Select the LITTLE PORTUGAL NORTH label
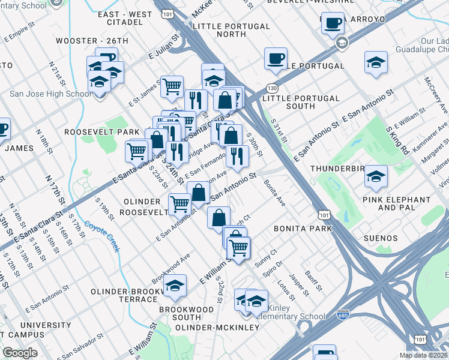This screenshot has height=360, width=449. [x=231, y=31]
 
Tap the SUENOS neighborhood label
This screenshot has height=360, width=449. [x=381, y=238]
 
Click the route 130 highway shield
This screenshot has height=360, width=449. [x=273, y=88]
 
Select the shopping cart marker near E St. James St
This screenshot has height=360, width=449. [x=172, y=86]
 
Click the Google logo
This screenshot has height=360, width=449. [x=20, y=353]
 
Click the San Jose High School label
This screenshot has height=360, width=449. [x=50, y=94]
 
